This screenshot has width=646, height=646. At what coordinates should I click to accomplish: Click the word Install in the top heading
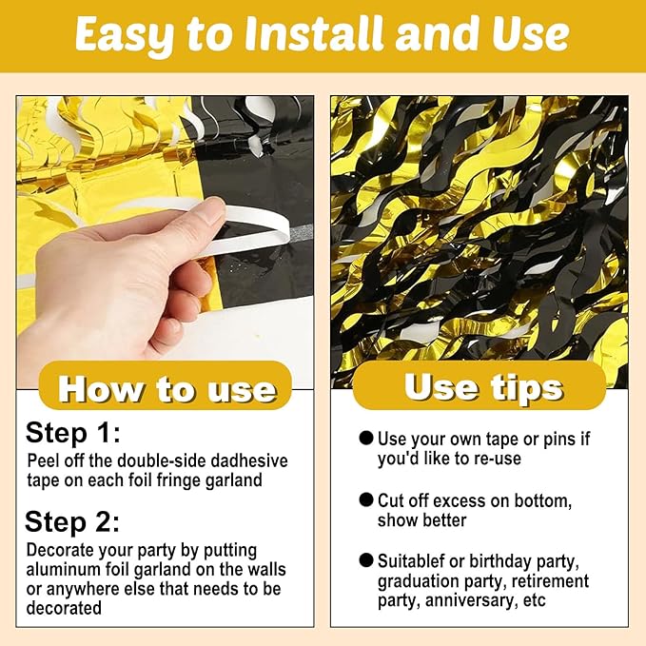(x=314, y=33)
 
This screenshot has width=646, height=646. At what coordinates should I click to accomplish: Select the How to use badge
(x=166, y=385)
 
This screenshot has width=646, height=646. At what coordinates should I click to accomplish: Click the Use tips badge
(x=480, y=385)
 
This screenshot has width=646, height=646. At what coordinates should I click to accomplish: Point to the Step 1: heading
(x=73, y=433)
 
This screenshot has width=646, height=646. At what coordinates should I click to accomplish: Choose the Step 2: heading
(x=72, y=521)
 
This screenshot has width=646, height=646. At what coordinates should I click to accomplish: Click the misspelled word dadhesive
(x=249, y=460)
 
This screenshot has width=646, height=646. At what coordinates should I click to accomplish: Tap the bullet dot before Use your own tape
(x=366, y=438)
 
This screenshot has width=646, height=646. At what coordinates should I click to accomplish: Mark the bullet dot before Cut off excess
(x=366, y=499)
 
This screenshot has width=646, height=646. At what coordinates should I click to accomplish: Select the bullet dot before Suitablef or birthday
(x=366, y=559)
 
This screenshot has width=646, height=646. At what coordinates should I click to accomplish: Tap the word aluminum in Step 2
(x=64, y=569)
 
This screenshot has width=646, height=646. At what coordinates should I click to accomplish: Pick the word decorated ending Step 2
(x=64, y=608)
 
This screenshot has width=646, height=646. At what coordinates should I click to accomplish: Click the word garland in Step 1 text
(x=233, y=480)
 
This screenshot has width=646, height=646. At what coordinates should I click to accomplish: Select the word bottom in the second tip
(x=542, y=501)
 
